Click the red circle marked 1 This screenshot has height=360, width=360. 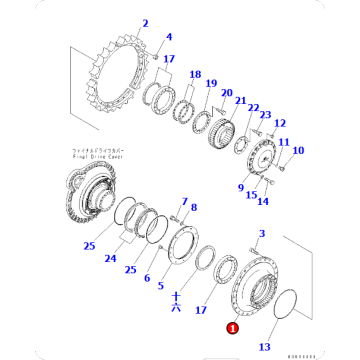click(231, 325)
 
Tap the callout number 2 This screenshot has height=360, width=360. click(144, 22)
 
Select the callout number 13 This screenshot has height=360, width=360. click(264, 347)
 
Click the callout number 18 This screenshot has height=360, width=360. click(194, 75)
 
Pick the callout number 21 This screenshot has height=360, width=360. click(241, 100)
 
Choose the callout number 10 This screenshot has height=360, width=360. click(297, 151)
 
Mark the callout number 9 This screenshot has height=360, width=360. click(240, 185)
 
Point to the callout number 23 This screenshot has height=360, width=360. click(265, 116)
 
